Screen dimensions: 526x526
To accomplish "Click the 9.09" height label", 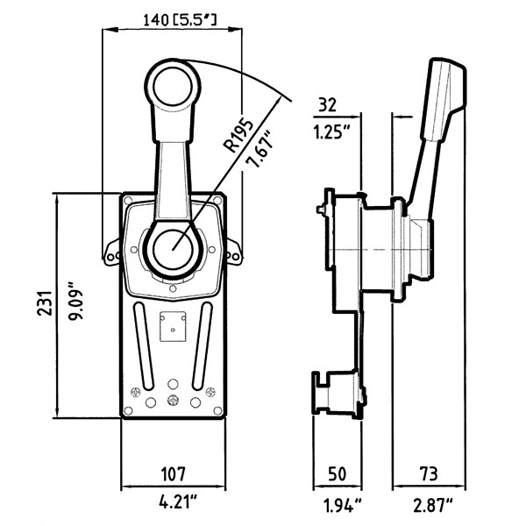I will coord(79,302).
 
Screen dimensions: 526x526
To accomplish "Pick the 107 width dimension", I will coord(172,474).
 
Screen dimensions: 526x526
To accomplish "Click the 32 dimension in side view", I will coord(328,105).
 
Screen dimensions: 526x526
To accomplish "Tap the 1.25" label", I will coord(333,133).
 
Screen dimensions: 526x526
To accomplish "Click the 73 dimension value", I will coord(430,474).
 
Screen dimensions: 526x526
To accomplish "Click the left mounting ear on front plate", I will coord(111,253).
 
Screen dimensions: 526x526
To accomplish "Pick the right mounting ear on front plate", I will coord(234,253).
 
